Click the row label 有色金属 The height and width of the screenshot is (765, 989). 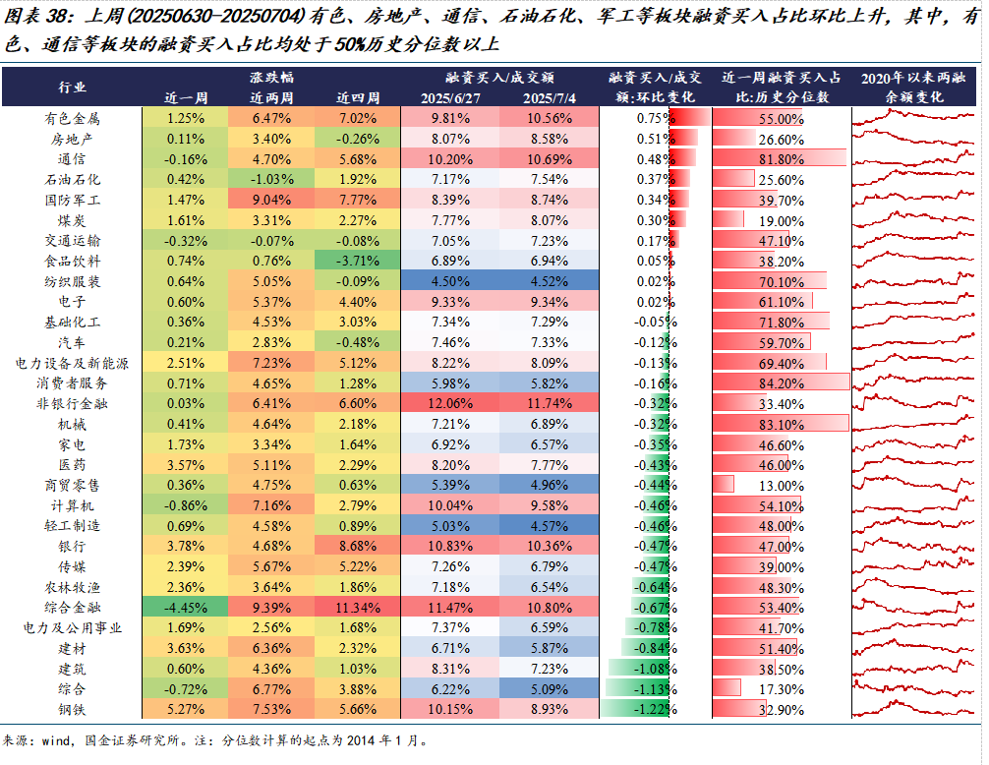pyautogui.click(x=72, y=119)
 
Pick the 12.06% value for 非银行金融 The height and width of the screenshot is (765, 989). pyautogui.click(x=450, y=402)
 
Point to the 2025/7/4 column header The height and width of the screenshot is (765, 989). pyautogui.click(x=550, y=97)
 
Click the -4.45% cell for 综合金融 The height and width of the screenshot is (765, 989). pyautogui.click(x=185, y=606)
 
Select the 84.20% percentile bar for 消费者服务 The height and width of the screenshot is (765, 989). pyautogui.click(x=781, y=382)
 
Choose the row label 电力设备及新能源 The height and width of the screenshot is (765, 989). pyautogui.click(x=72, y=362)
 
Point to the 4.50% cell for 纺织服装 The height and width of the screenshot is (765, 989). pyautogui.click(x=450, y=281)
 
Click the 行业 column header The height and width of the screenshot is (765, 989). pyautogui.click(x=72, y=88)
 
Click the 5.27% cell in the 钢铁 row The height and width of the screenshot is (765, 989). pyautogui.click(x=185, y=708)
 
